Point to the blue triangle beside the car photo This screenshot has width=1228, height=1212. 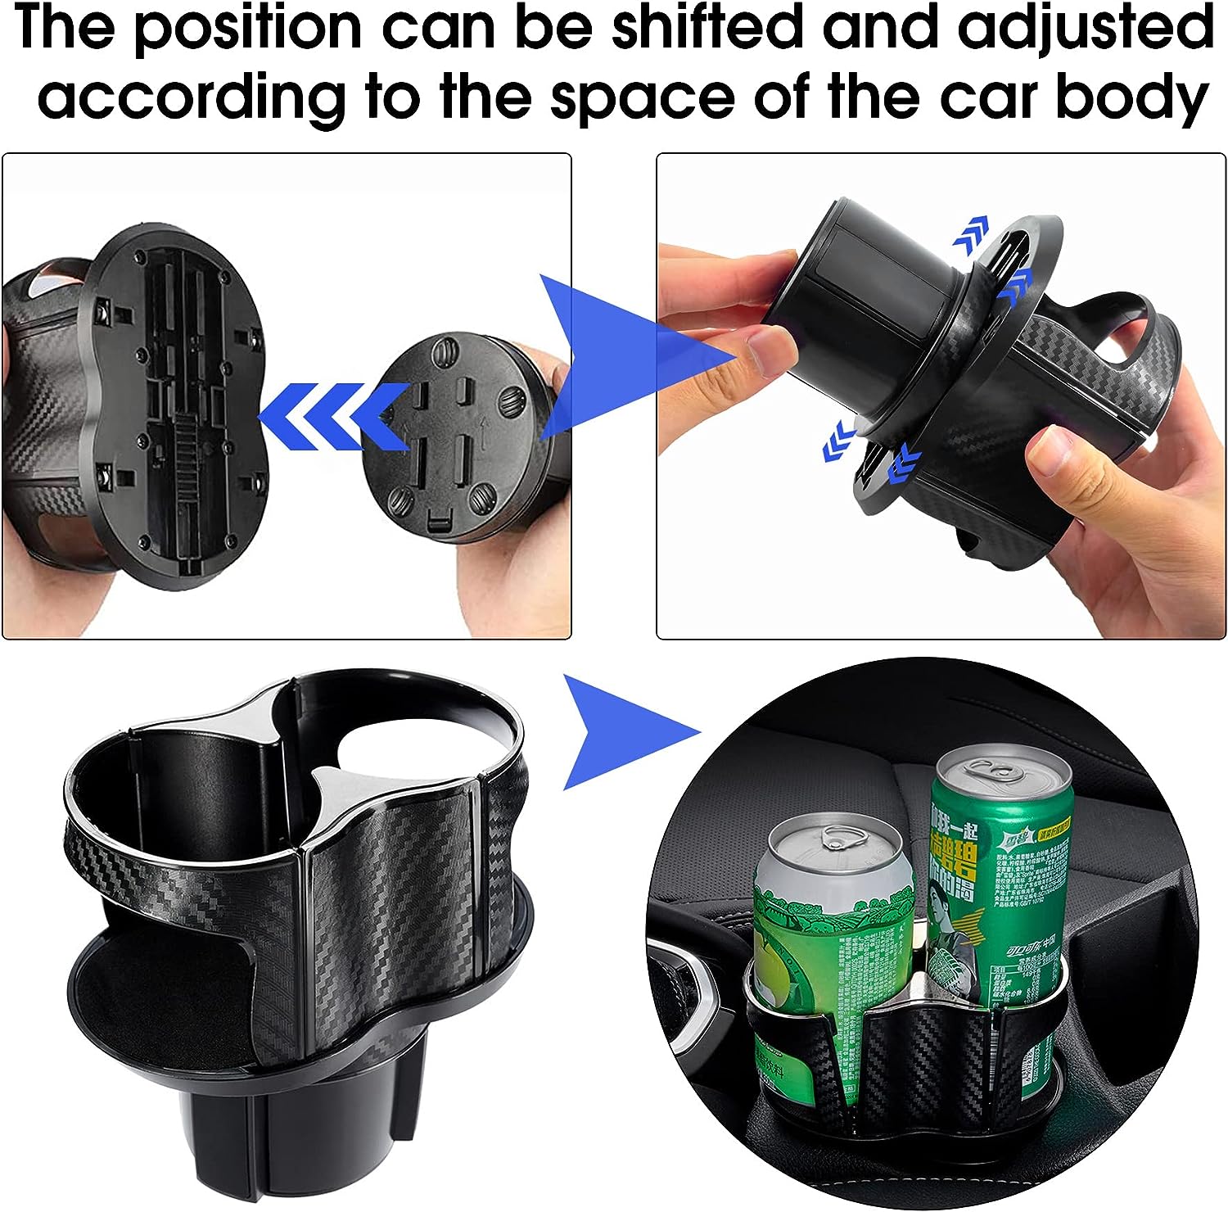click(x=622, y=731)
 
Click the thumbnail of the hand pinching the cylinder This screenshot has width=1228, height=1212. click(x=761, y=348)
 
